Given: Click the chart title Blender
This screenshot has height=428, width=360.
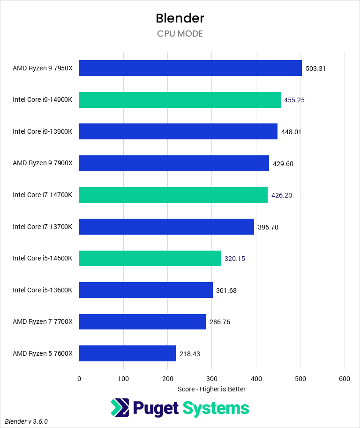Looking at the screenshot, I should pyautogui.click(x=180, y=18).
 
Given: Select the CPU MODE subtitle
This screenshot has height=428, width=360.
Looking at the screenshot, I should pyautogui.click(x=180, y=34).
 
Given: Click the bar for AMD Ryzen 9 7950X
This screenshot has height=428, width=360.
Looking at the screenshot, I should pyautogui.click(x=190, y=68).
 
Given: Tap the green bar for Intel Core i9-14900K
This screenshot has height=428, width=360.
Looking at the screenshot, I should pyautogui.click(x=180, y=100).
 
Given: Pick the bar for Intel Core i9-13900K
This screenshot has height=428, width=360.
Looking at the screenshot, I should pyautogui.click(x=178, y=131).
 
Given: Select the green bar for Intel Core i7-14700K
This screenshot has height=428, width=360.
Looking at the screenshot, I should pyautogui.click(x=173, y=195).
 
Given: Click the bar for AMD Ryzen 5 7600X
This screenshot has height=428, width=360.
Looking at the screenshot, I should pyautogui.click(x=127, y=353).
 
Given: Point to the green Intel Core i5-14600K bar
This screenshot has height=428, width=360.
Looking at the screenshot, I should pyautogui.click(x=150, y=258).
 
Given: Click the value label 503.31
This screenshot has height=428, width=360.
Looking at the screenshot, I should pyautogui.click(x=315, y=69).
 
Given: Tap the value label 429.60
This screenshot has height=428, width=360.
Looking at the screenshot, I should pyautogui.click(x=283, y=164).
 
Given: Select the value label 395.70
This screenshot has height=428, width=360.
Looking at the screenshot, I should pyautogui.click(x=268, y=227).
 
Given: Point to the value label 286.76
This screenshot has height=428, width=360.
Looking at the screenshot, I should pyautogui.click(x=220, y=322).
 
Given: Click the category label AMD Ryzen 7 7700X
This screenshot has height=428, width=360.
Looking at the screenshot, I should pyautogui.click(x=43, y=322).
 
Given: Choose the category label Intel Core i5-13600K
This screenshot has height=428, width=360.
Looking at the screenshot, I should pyautogui.click(x=43, y=290).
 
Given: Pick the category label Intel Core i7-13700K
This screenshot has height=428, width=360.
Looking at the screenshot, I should pyautogui.click(x=43, y=227).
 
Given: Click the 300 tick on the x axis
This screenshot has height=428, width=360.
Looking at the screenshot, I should pyautogui.click(x=212, y=379).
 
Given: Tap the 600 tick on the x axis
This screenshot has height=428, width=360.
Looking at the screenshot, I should pyautogui.click(x=345, y=379).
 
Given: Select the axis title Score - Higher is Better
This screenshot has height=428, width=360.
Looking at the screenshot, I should pyautogui.click(x=212, y=389).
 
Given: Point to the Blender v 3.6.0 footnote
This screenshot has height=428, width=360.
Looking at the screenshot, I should pyautogui.click(x=27, y=421).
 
